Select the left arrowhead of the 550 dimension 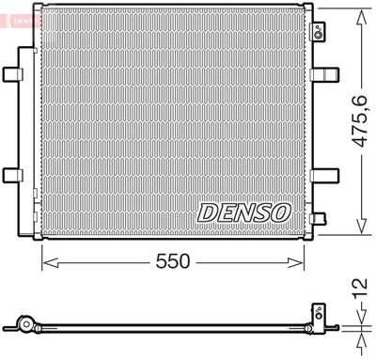pyautogui.click(x=47, y=262)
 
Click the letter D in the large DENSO pyautogui.click(x=207, y=213)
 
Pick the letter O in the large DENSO pyautogui.click(x=279, y=213)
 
